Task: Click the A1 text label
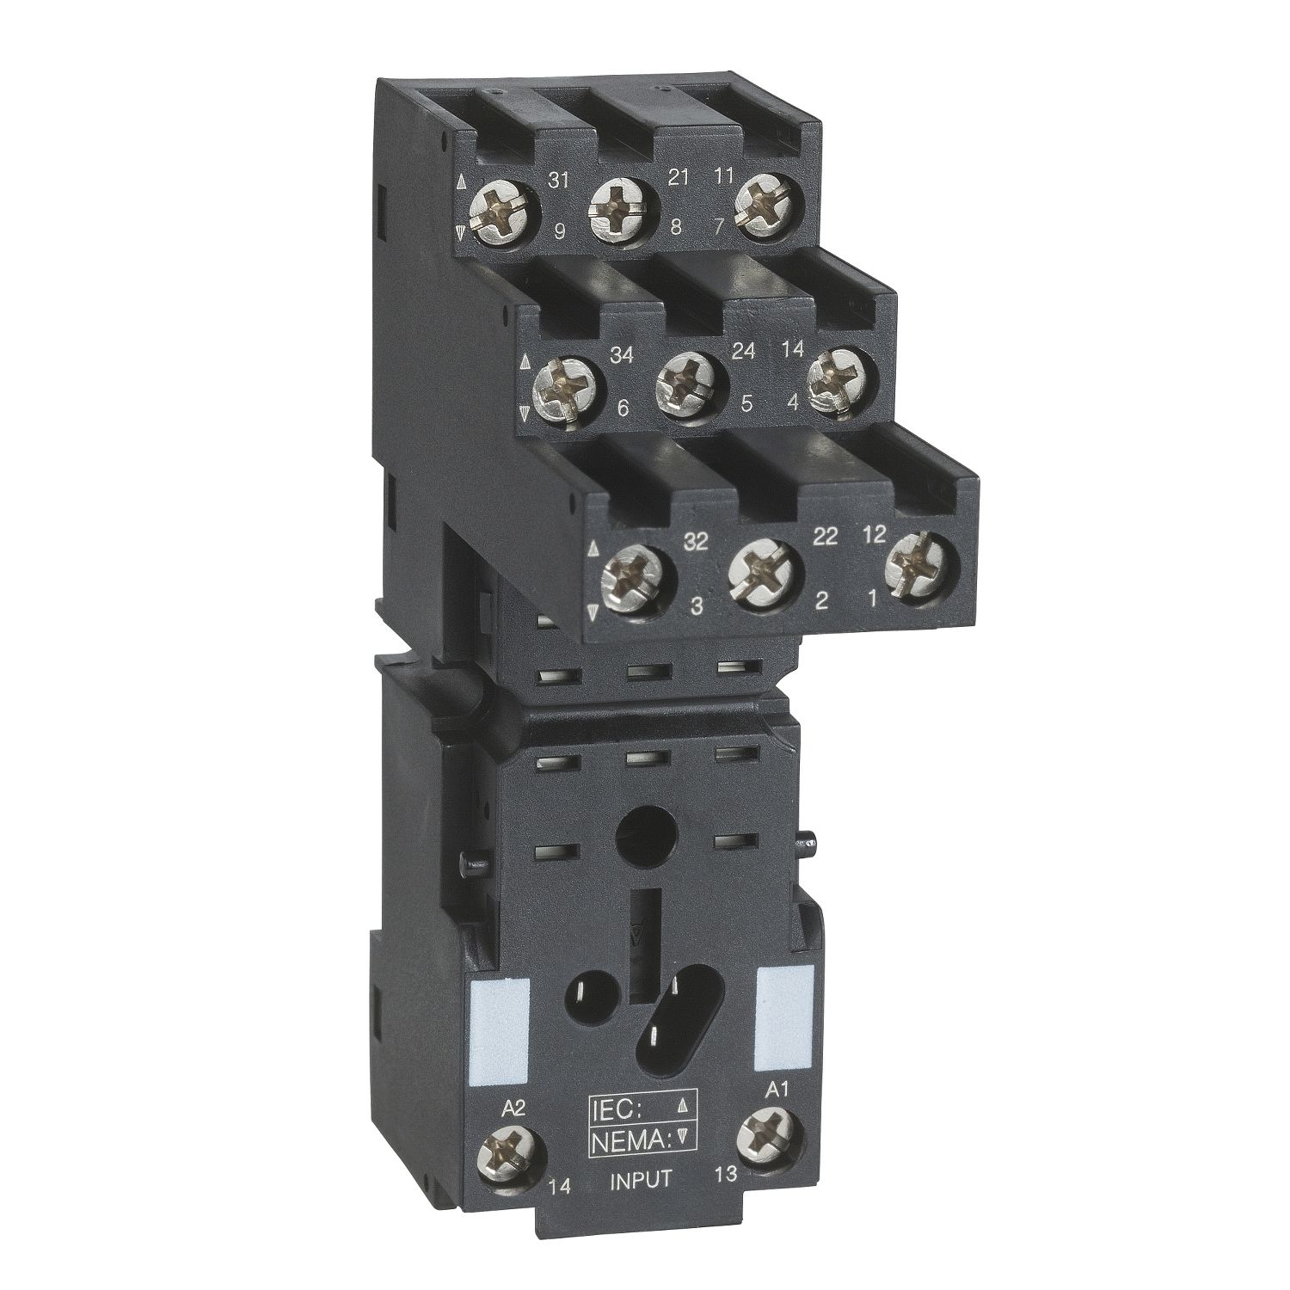[x=777, y=1088]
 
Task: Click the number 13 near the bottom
[x=725, y=1174]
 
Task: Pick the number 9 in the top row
[x=559, y=230]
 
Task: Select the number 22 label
[x=825, y=537]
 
